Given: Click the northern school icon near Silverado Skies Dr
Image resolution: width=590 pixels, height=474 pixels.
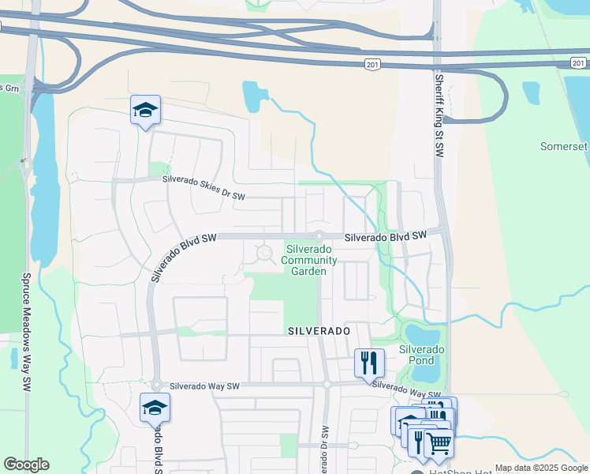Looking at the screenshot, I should [145, 111].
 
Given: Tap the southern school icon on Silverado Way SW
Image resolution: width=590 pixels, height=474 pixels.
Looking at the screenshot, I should [155, 408].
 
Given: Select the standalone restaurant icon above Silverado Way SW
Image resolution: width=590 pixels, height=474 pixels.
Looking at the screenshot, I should [368, 363].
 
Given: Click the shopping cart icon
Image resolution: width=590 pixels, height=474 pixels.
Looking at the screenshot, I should [439, 444].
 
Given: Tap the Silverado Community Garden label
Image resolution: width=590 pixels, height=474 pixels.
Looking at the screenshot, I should [312, 260].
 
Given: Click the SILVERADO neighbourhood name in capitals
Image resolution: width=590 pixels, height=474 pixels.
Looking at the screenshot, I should [318, 330].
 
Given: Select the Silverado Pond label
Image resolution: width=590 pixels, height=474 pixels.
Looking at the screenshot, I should [422, 355].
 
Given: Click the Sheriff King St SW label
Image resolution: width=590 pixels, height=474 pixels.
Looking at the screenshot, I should [439, 115].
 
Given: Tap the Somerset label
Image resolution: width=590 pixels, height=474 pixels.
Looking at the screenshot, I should [564, 147].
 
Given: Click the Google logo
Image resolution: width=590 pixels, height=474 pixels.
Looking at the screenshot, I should [26, 465].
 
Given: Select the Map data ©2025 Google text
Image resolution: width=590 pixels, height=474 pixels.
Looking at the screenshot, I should [540, 468].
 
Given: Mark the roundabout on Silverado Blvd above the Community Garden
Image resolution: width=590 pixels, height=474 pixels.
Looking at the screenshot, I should [319, 236].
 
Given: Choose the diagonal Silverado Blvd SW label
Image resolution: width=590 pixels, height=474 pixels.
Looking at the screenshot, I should [183, 257].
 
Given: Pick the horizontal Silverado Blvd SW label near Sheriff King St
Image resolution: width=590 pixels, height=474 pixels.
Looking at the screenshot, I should [385, 235].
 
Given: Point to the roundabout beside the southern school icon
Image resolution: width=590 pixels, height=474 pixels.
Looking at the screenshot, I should [156, 386].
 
